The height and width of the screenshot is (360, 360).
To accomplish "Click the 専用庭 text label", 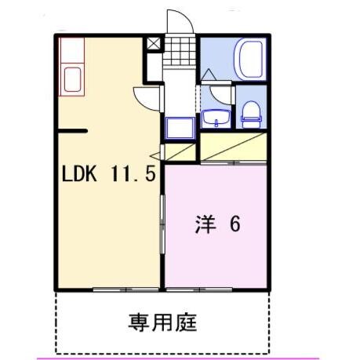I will click(x=162, y=321).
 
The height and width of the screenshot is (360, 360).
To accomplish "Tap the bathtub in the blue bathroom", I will click(x=250, y=59).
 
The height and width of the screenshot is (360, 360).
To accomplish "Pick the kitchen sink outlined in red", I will click(x=74, y=79).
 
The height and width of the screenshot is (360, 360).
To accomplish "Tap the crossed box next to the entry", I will click(x=154, y=43).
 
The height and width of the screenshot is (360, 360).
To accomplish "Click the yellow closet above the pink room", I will click(x=233, y=147).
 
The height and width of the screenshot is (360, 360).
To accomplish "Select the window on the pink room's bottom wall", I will click(x=202, y=289).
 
